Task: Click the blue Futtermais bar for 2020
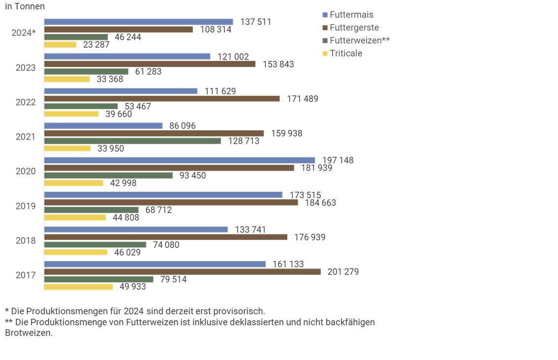pyautogui.click(x=180, y=160)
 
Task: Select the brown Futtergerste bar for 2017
pyautogui.click(x=182, y=271)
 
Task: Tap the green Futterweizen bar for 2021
pyautogui.click(x=132, y=141)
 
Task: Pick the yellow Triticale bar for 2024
pyautogui.click(x=60, y=45)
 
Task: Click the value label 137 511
pyautogui.click(x=256, y=22)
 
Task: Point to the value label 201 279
pyautogui.click(x=343, y=271)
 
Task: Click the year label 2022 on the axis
pyautogui.click(x=26, y=102)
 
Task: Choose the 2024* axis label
pyautogui.click(x=24, y=33)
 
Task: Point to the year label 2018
pyautogui.click(x=26, y=240)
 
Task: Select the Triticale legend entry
pyautogui.click(x=346, y=53)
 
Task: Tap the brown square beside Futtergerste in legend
pyautogui.click(x=324, y=28)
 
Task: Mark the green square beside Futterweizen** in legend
pyautogui.click(x=324, y=41)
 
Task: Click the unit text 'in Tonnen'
pyautogui.click(x=25, y=6)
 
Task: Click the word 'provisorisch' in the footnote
pyautogui.click(x=240, y=311)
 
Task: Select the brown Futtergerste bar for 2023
pyautogui.click(x=150, y=64)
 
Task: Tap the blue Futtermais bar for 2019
pyautogui.click(x=163, y=195)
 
